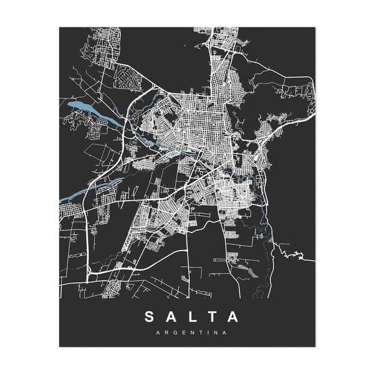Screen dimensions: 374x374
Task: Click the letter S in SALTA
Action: click(150, 317)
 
